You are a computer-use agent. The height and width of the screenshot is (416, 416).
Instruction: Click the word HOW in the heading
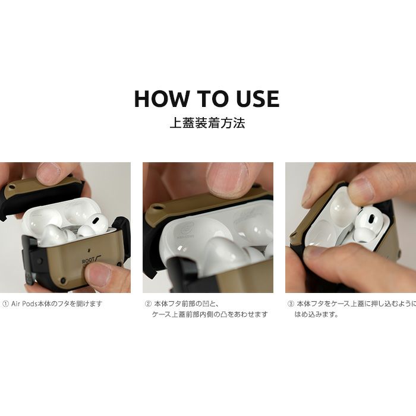pyautogui.click(x=161, y=99)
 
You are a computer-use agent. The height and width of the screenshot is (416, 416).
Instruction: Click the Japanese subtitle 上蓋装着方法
pyautogui.click(x=207, y=123)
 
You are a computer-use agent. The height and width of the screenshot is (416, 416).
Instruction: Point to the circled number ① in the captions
pyautogui.click(x=5, y=304)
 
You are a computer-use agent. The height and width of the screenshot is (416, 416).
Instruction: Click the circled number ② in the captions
pyautogui.click(x=148, y=304)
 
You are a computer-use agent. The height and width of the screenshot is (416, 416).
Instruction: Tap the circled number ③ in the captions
pyautogui.click(x=291, y=304)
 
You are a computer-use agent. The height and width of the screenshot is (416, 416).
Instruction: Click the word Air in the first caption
pyautogui.click(x=15, y=304)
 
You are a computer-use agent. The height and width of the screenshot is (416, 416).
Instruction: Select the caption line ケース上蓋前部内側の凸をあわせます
pyautogui.click(x=210, y=314)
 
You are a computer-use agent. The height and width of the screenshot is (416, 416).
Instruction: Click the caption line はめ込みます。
pyautogui.click(x=317, y=314)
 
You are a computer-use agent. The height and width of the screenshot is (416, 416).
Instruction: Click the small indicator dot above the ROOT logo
pyautogui.click(x=89, y=249)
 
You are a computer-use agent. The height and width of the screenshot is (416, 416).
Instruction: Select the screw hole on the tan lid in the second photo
pyautogui.click(x=159, y=207)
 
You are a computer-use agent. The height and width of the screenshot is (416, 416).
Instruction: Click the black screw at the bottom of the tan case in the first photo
pyautogui.click(x=63, y=280)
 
